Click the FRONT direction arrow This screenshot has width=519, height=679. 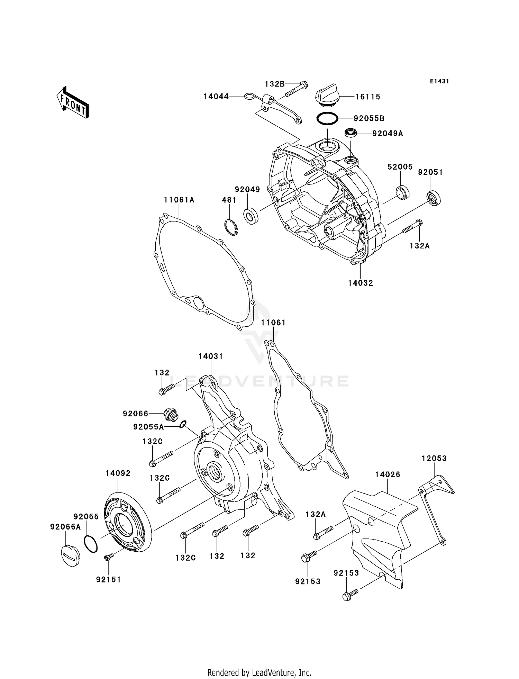[x=73, y=103]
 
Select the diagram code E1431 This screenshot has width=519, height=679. [x=439, y=81]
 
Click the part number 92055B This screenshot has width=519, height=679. [x=369, y=118]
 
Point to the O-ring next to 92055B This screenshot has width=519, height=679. [x=327, y=118]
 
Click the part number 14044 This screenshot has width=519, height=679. [x=216, y=97]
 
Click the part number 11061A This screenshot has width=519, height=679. [x=179, y=200]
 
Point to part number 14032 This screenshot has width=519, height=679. [x=361, y=283]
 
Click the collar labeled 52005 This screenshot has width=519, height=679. [x=402, y=192]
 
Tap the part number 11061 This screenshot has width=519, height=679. [x=273, y=323]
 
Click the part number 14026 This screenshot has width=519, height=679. [x=388, y=474]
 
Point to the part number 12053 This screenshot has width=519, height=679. [x=434, y=458]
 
